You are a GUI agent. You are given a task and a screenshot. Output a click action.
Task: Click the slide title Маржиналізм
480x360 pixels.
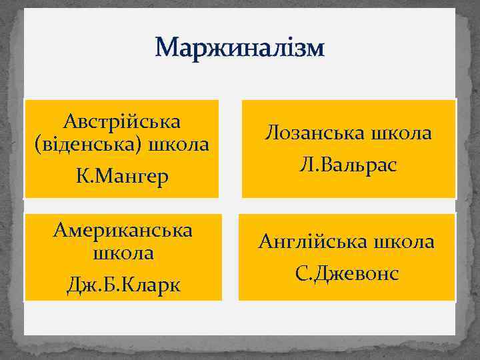click(x=239, y=49)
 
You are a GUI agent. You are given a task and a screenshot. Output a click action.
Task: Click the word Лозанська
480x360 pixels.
click(x=309, y=133)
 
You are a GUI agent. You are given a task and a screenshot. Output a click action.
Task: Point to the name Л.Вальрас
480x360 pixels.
click(x=349, y=165)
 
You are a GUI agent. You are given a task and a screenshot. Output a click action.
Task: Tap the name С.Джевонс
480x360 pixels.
click(x=347, y=273)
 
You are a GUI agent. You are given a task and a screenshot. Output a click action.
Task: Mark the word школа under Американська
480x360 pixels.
click(x=121, y=253)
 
